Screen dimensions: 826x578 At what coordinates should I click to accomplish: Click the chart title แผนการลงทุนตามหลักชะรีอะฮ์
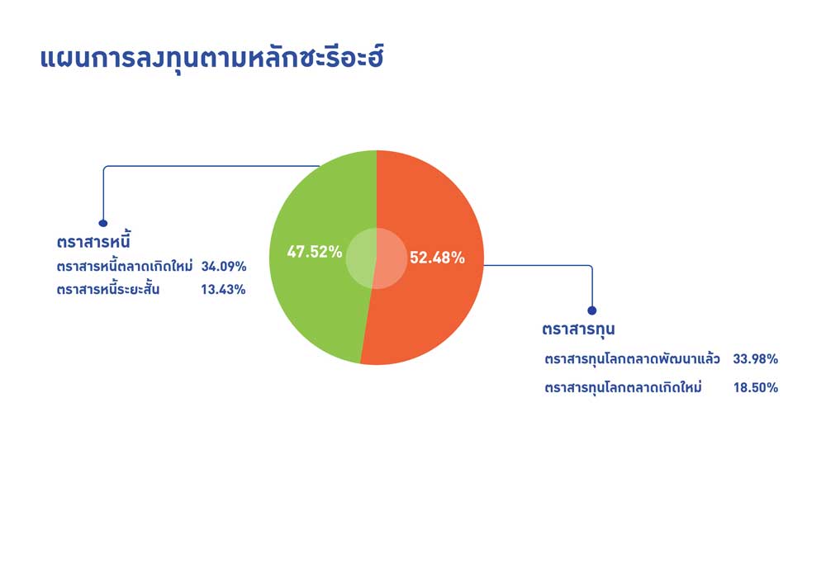tap(211, 59)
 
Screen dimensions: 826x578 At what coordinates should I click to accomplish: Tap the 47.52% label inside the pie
tap(315, 252)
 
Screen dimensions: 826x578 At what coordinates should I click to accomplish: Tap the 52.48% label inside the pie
tap(437, 258)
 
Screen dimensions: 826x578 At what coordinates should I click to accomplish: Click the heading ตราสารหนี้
tap(93, 240)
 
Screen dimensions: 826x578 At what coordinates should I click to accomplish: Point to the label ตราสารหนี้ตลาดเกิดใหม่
tap(125, 266)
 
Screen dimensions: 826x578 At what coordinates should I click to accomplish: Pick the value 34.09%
tap(224, 267)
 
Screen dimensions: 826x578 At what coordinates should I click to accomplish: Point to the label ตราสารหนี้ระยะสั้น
tap(108, 289)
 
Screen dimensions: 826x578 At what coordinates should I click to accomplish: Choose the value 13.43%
tap(223, 290)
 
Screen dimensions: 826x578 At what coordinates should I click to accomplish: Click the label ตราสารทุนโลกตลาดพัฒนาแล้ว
tap(632, 359)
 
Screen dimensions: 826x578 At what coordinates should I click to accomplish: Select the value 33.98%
tap(756, 359)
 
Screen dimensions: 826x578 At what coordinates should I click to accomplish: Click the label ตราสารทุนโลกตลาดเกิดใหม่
tap(623, 387)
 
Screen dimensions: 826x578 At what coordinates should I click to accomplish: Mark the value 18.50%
tap(756, 387)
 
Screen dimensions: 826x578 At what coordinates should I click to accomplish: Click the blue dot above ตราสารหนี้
tap(103, 223)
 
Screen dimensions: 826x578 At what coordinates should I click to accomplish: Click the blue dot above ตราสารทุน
tap(592, 310)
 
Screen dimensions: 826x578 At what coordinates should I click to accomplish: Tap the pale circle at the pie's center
tap(377, 258)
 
